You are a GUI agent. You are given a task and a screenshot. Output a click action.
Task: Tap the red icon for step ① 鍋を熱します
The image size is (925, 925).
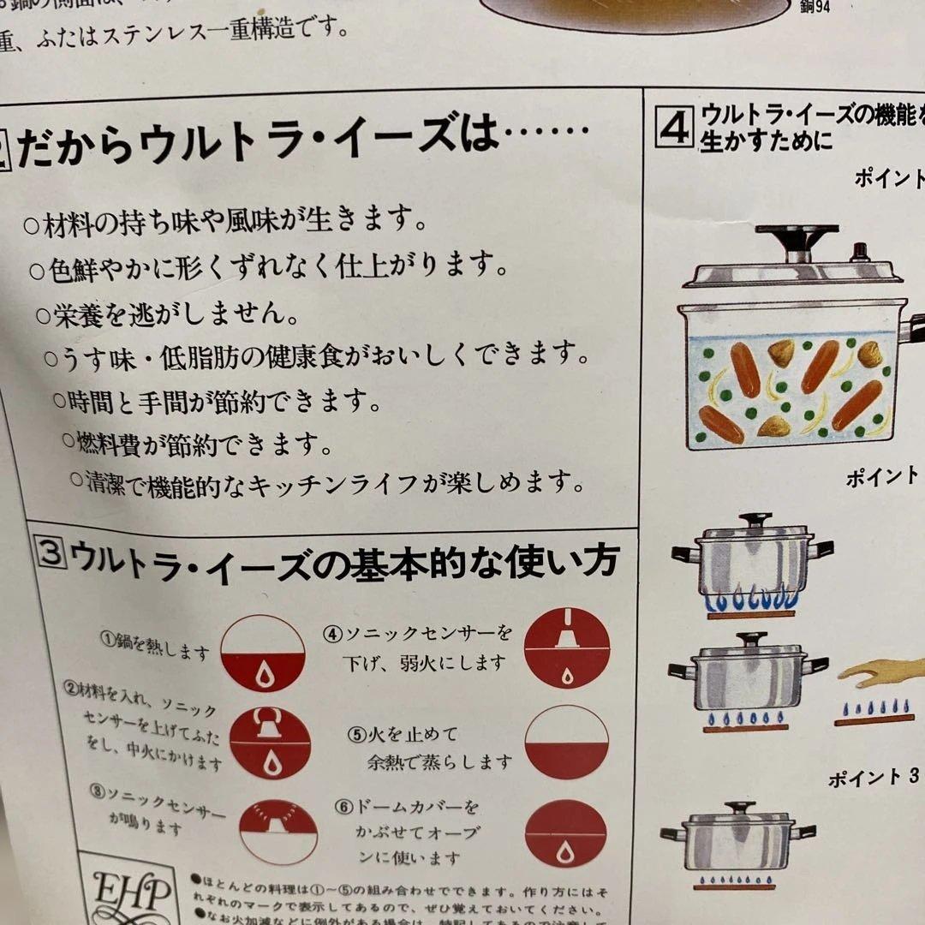pyautogui.click(x=263, y=653)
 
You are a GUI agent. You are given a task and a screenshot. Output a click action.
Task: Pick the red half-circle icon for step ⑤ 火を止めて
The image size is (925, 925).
pyautogui.click(x=566, y=742)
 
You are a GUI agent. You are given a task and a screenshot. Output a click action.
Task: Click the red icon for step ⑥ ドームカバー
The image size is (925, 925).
pyautogui.click(x=566, y=833)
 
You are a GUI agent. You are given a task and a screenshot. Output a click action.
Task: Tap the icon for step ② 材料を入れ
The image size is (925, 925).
pyautogui.click(x=271, y=743)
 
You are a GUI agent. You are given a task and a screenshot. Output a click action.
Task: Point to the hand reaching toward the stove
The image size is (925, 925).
pyautogui.click(x=882, y=673)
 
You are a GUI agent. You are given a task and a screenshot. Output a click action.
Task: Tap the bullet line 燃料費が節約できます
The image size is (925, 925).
pyautogui.click(x=197, y=444)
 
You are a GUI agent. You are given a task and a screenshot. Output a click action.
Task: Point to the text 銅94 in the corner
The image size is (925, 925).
pyautogui.click(x=834, y=8)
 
